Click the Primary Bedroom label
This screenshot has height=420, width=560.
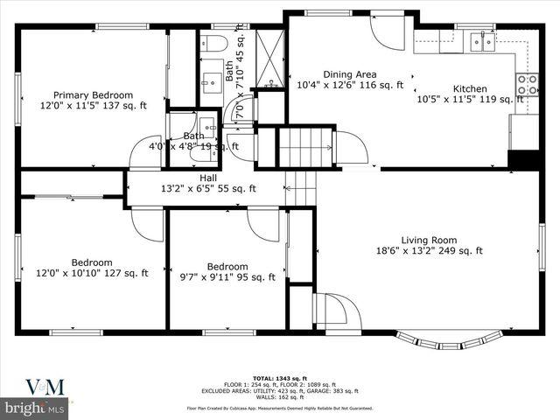pos(93,94)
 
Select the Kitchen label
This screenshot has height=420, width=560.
pos(469,88)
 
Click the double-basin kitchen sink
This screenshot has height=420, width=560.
pos(479,38)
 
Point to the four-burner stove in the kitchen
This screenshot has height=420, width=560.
pos(528,84)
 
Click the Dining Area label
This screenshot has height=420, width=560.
pos(350,74)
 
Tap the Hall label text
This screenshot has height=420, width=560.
pos(207,177)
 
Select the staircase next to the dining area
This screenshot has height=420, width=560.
pos(305,146)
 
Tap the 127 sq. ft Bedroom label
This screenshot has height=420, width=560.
pos(92,262)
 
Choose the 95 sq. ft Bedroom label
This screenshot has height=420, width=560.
pos(227,267)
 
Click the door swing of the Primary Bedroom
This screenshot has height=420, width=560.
pos(144,153)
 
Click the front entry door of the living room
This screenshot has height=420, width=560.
pos(333,309)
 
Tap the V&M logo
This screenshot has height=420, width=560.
pos(35,386)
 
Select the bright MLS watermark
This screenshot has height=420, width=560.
pos(35,409)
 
